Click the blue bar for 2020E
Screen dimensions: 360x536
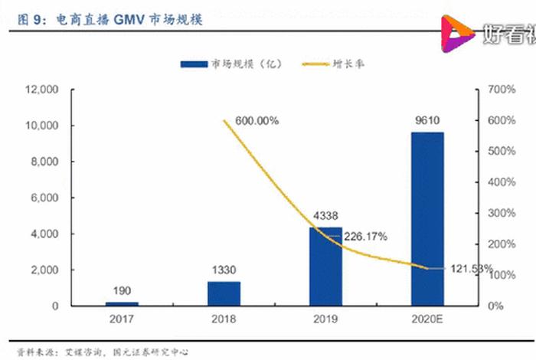pos(427,219)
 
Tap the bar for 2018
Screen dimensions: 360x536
pos(224,293)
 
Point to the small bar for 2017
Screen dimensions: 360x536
pos(123,303)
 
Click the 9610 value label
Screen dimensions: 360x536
pos(427,119)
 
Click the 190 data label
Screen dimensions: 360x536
pos(123,290)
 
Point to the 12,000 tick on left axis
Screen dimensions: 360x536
pos(42,90)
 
